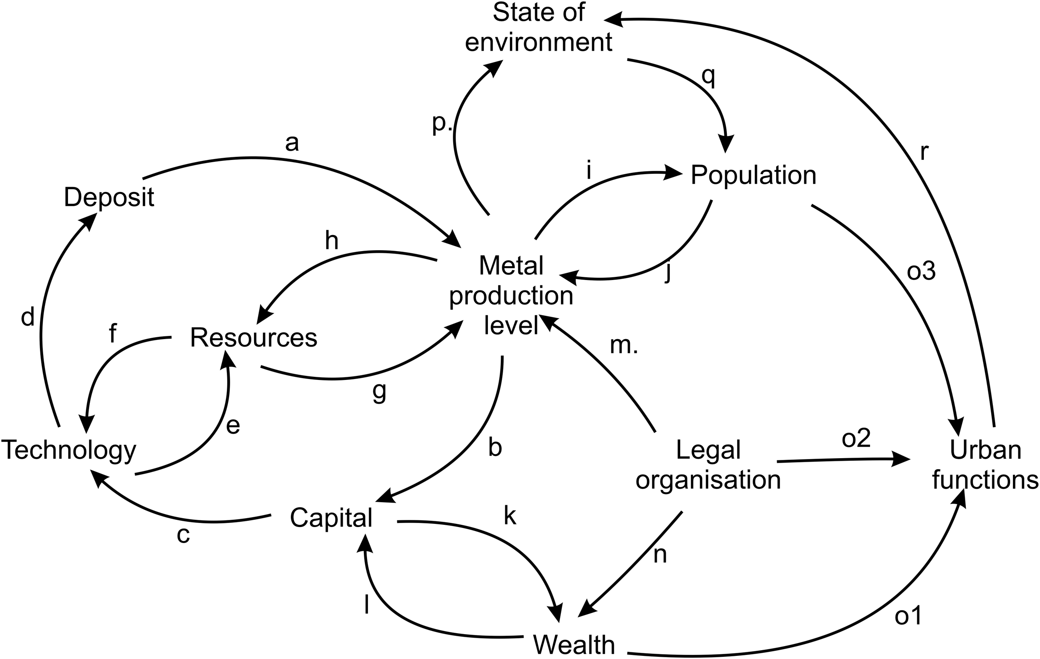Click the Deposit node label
coord(109,197)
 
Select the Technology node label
coord(69,451)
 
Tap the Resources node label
coord(254,338)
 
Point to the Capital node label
coord(331,518)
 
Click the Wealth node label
coord(574,644)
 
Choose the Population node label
coord(753,175)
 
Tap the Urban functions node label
coord(985,465)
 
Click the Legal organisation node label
coord(708,465)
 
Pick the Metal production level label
coord(511,296)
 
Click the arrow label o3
coord(921,272)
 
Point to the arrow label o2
coord(856,439)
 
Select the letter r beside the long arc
coord(924,152)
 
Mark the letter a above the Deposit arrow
coord(291,143)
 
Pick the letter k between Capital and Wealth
coord(510,516)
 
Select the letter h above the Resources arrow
coord(331,241)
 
